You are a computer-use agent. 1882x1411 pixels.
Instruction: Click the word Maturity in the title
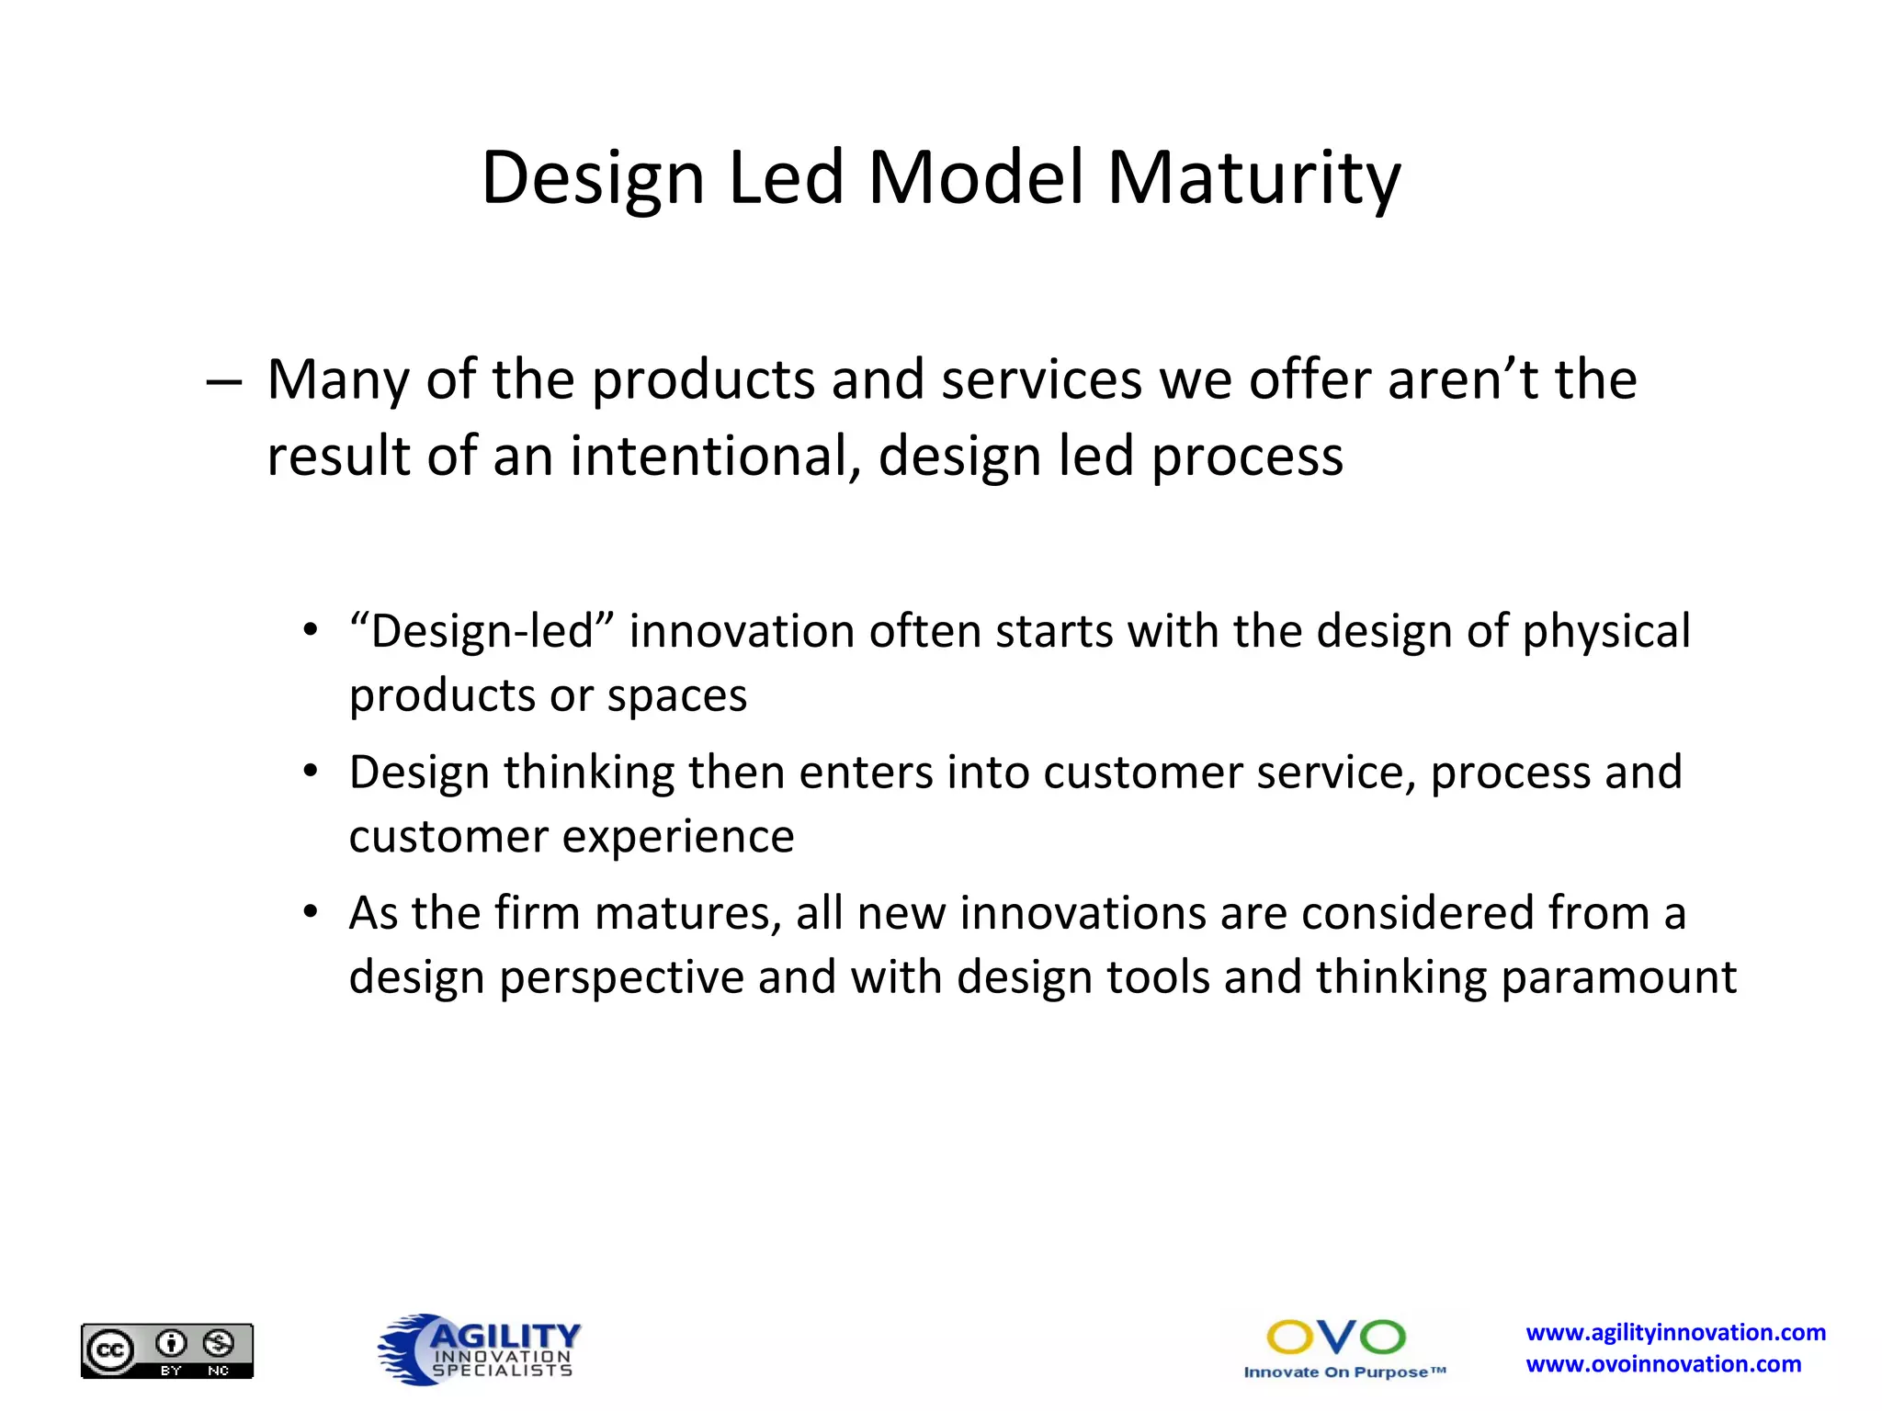click(x=1253, y=179)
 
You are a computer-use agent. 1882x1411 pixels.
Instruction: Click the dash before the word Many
click(x=224, y=381)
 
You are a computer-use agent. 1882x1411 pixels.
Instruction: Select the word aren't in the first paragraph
click(x=1461, y=379)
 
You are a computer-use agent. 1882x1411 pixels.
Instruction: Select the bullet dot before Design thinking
click(x=312, y=771)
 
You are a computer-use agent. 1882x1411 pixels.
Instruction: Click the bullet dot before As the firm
click(x=312, y=912)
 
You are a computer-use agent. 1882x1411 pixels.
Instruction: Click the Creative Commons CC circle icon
click(x=110, y=1350)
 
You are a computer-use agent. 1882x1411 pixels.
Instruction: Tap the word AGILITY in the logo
click(x=505, y=1335)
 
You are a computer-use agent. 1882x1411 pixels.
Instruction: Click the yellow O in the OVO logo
click(x=1290, y=1338)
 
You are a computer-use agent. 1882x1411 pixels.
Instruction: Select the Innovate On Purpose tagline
click(x=1344, y=1372)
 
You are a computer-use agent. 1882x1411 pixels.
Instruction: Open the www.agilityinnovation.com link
click(x=1675, y=1333)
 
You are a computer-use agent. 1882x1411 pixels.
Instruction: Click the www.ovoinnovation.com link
click(x=1663, y=1365)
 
